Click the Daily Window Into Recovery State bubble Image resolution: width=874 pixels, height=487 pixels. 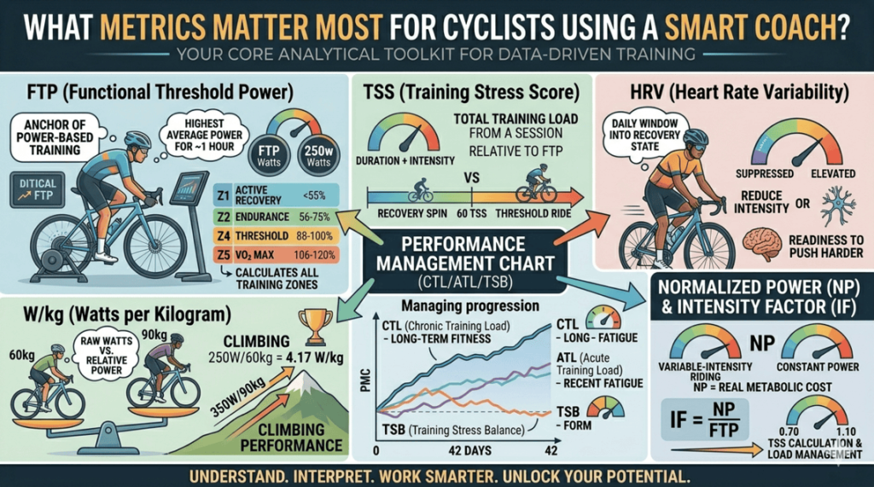pos(638,134)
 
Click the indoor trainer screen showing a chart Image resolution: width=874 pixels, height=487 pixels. pos(192,186)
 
